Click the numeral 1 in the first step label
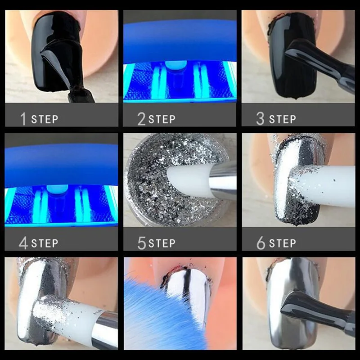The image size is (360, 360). (x=23, y=119)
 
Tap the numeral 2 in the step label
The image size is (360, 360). (x=141, y=119)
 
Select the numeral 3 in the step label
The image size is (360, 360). (x=260, y=119)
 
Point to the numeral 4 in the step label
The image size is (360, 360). (x=23, y=243)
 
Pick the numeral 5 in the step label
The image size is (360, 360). (x=142, y=243)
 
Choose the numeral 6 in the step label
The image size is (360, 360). (x=261, y=243)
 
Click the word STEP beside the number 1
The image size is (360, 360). (x=45, y=119)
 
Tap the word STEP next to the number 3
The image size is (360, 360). (x=283, y=119)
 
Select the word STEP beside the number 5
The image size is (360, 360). (x=162, y=243)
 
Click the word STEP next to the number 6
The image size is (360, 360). (x=283, y=243)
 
